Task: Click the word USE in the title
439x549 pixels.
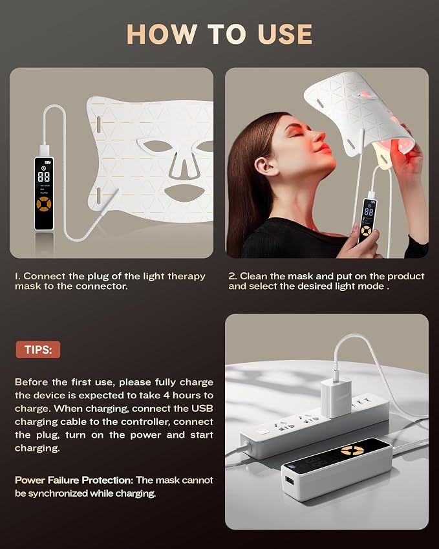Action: click(284, 34)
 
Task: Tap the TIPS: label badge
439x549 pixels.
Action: click(38, 349)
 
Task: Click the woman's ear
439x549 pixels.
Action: click(264, 166)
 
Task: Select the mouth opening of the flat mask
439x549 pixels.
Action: click(182, 193)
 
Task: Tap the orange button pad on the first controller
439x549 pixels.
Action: click(44, 204)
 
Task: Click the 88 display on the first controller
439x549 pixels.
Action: click(44, 177)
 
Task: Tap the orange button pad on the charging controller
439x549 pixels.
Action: click(352, 451)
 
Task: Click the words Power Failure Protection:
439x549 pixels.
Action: click(74, 480)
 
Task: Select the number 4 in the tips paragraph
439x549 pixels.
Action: click(166, 395)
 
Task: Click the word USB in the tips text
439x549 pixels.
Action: click(202, 409)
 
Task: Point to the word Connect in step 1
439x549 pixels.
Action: click(45, 276)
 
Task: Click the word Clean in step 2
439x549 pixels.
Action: click(253, 276)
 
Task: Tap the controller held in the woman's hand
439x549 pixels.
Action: click(367, 219)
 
